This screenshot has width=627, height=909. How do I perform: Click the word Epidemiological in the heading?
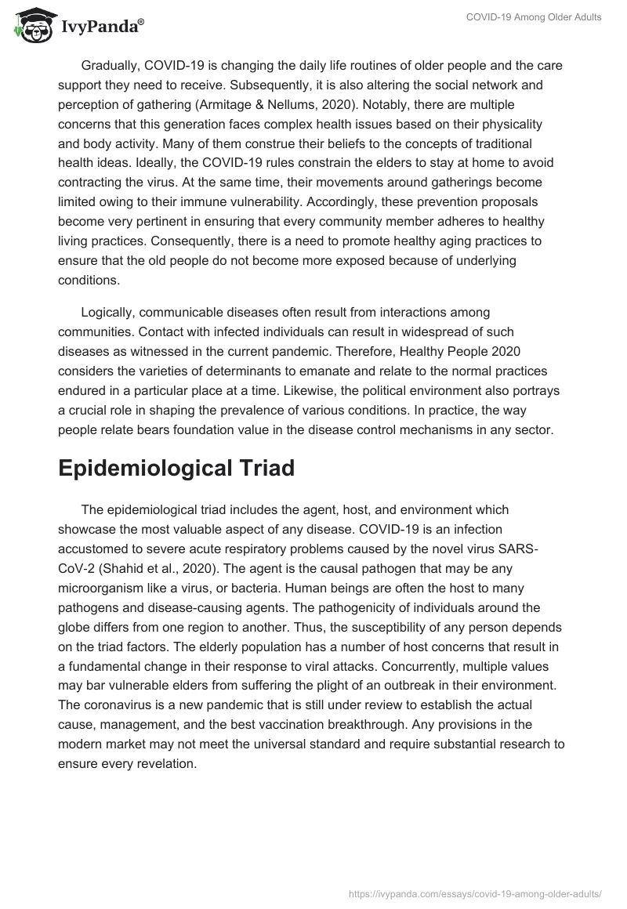pos(136,468)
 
